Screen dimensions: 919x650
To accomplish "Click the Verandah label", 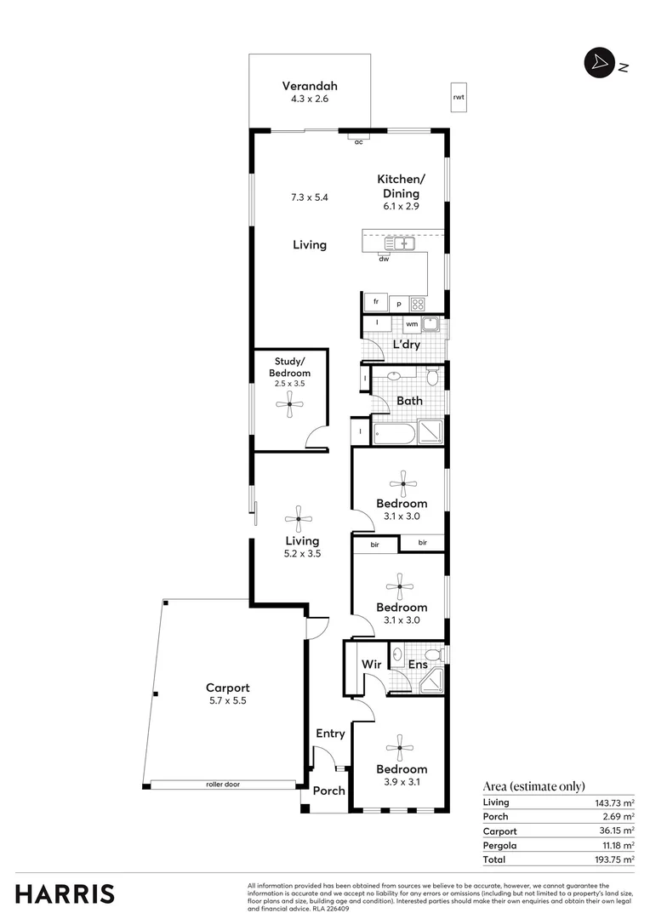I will [x=310, y=86].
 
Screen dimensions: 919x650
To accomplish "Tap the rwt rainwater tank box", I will [x=459, y=98].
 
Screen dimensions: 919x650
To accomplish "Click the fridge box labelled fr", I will [x=375, y=302].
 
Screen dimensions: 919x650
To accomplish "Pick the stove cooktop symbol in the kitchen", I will [x=418, y=304].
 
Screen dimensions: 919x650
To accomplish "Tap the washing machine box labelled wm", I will [x=412, y=324].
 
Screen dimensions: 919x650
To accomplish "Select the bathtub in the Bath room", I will [x=394, y=435].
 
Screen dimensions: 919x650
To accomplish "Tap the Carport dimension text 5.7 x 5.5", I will [x=227, y=701].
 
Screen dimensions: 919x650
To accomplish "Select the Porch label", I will [x=328, y=791].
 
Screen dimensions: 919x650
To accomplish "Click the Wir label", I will [x=370, y=664].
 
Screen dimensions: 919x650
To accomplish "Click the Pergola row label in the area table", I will [x=499, y=846].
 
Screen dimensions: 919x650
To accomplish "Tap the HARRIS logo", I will [x=65, y=893].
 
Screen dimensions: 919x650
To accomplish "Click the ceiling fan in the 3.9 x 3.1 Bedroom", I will [x=399, y=748].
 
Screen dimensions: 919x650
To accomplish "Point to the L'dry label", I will [x=406, y=345].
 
